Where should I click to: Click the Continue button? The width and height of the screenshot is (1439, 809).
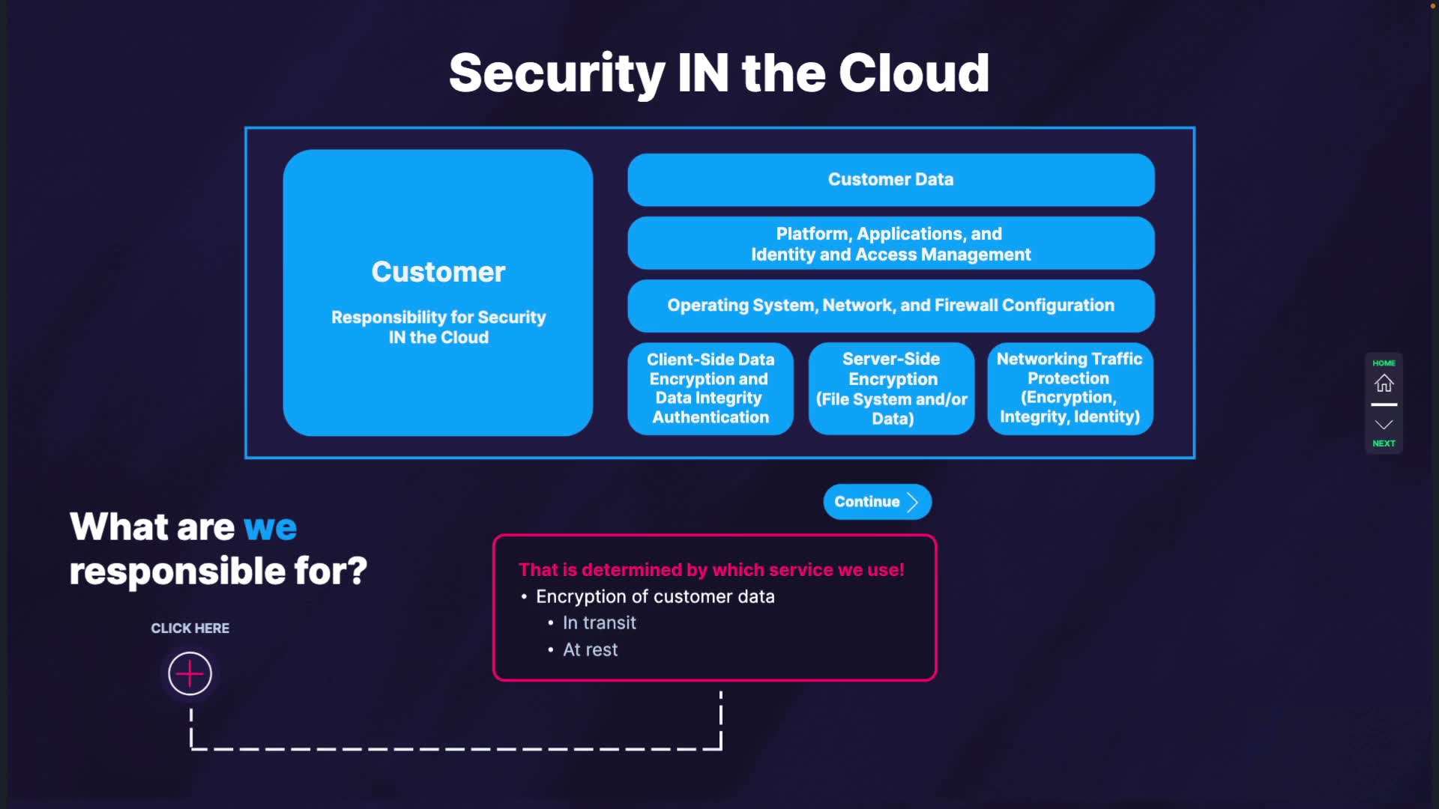pos(877,502)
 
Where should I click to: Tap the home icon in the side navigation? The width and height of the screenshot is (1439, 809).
pos(1384,384)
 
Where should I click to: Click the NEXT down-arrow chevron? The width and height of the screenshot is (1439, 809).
pos(1384,425)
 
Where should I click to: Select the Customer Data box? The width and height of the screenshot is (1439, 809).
pos(890,180)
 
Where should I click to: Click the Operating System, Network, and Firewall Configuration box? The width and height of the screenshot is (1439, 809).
pos(890,306)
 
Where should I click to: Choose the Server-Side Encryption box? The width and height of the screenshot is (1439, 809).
pos(891,389)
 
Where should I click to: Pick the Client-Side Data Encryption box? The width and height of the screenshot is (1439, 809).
pos(711,389)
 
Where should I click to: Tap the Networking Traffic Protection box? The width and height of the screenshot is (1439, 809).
pos(1070,388)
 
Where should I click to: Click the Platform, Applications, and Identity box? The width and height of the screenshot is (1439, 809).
pos(890,243)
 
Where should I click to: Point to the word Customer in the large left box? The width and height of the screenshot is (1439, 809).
pos(438,272)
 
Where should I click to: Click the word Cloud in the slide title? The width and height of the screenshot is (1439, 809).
pos(914,73)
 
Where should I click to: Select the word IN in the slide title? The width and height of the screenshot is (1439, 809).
pos(702,73)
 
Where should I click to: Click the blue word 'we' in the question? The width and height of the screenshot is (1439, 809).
pos(270,527)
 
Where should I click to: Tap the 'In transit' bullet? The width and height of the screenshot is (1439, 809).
pos(599,623)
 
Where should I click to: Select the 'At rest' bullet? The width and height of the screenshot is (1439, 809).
pos(590,650)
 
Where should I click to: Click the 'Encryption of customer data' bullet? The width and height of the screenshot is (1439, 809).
pos(655,597)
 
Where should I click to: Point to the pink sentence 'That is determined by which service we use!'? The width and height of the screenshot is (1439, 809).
pos(711,570)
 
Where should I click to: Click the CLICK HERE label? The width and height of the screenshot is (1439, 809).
pos(190,628)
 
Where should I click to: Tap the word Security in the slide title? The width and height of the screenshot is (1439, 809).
pos(557,73)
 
